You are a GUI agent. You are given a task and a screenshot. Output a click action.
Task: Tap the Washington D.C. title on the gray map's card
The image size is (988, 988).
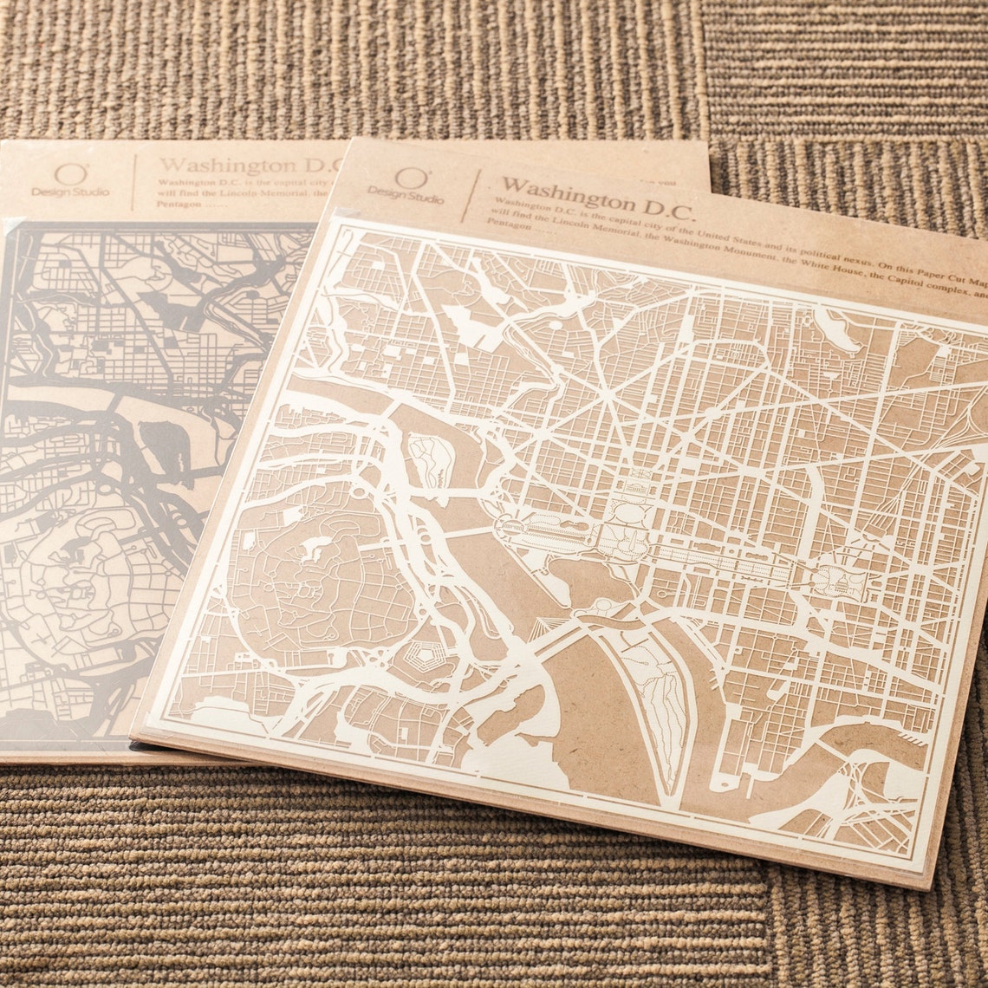tap(238, 165)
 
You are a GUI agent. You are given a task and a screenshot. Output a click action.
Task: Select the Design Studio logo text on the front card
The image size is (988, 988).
tap(405, 196)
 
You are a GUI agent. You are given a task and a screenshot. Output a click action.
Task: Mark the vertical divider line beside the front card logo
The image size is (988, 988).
tap(468, 200)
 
